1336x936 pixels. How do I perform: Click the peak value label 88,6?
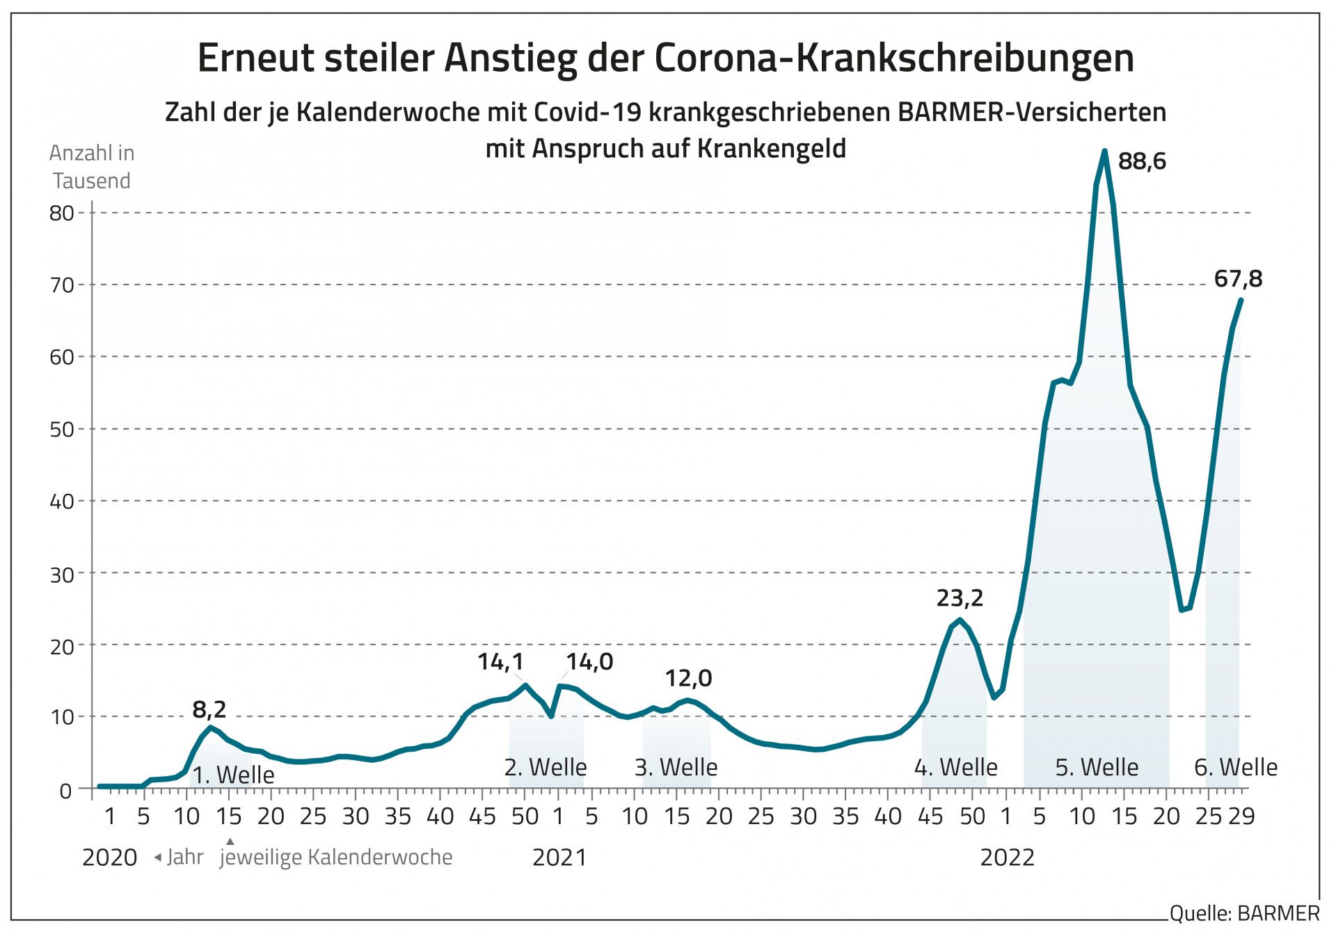point(1141,161)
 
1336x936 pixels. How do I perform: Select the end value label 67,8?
point(1238,279)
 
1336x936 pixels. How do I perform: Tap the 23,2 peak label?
point(960,598)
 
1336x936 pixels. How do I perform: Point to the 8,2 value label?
point(209,709)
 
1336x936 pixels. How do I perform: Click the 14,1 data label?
point(500,662)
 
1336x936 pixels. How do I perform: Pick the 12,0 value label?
point(688,678)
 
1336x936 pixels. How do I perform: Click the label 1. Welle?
point(233,775)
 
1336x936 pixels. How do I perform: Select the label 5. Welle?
point(1097,768)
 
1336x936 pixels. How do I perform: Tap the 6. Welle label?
point(1236,768)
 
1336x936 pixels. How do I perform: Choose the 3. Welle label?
point(676,768)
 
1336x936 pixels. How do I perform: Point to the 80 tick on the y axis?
point(62,213)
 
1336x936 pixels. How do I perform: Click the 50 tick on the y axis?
point(62,430)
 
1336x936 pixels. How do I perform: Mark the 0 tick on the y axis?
point(65,791)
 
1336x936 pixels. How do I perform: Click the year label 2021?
point(559,858)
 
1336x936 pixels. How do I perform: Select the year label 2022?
point(1007,858)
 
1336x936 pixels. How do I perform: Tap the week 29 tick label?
point(1241,816)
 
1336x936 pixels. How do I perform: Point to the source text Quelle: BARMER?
point(1244,914)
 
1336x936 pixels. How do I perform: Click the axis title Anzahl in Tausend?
point(92,167)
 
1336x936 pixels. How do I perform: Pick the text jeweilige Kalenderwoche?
point(336,857)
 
